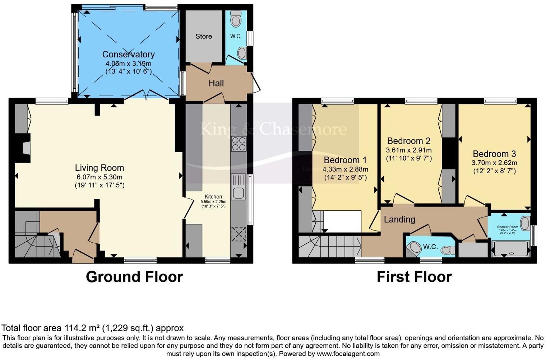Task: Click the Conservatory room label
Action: [128, 54]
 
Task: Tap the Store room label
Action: [203, 36]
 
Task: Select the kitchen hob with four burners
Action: [239, 144]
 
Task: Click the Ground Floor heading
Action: [134, 277]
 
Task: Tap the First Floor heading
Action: [414, 277]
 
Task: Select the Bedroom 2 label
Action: [409, 141]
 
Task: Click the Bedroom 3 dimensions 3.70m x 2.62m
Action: [494, 163]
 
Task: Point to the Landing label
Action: [399, 219]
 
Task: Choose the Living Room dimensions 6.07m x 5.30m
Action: [99, 177]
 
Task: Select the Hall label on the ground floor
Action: [216, 83]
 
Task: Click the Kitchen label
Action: [213, 197]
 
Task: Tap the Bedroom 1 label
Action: [345, 160]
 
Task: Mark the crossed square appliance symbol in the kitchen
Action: [239, 234]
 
